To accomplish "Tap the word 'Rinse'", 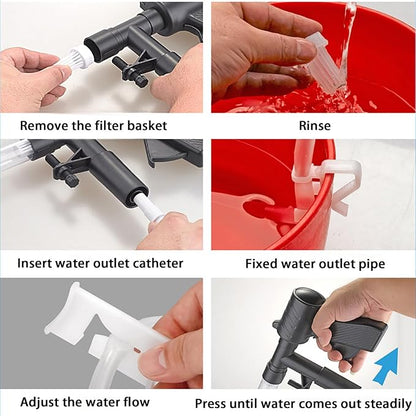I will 314,125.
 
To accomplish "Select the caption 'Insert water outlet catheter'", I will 100,264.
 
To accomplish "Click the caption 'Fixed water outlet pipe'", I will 314,264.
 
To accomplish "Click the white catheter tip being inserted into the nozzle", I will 147,209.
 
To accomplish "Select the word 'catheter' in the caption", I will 156,264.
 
